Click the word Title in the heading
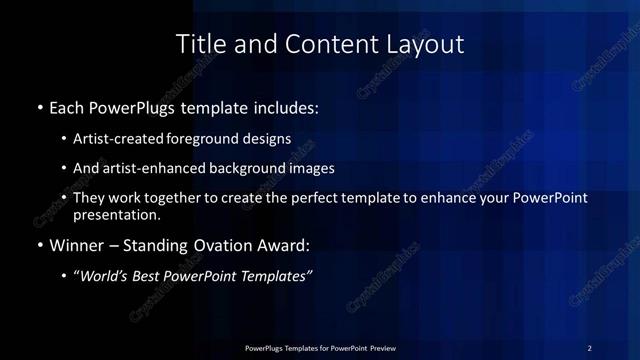[198, 44]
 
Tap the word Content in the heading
[317, 44]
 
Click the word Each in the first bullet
[68, 105]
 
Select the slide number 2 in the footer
[590, 347]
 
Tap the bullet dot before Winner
[39, 245]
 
